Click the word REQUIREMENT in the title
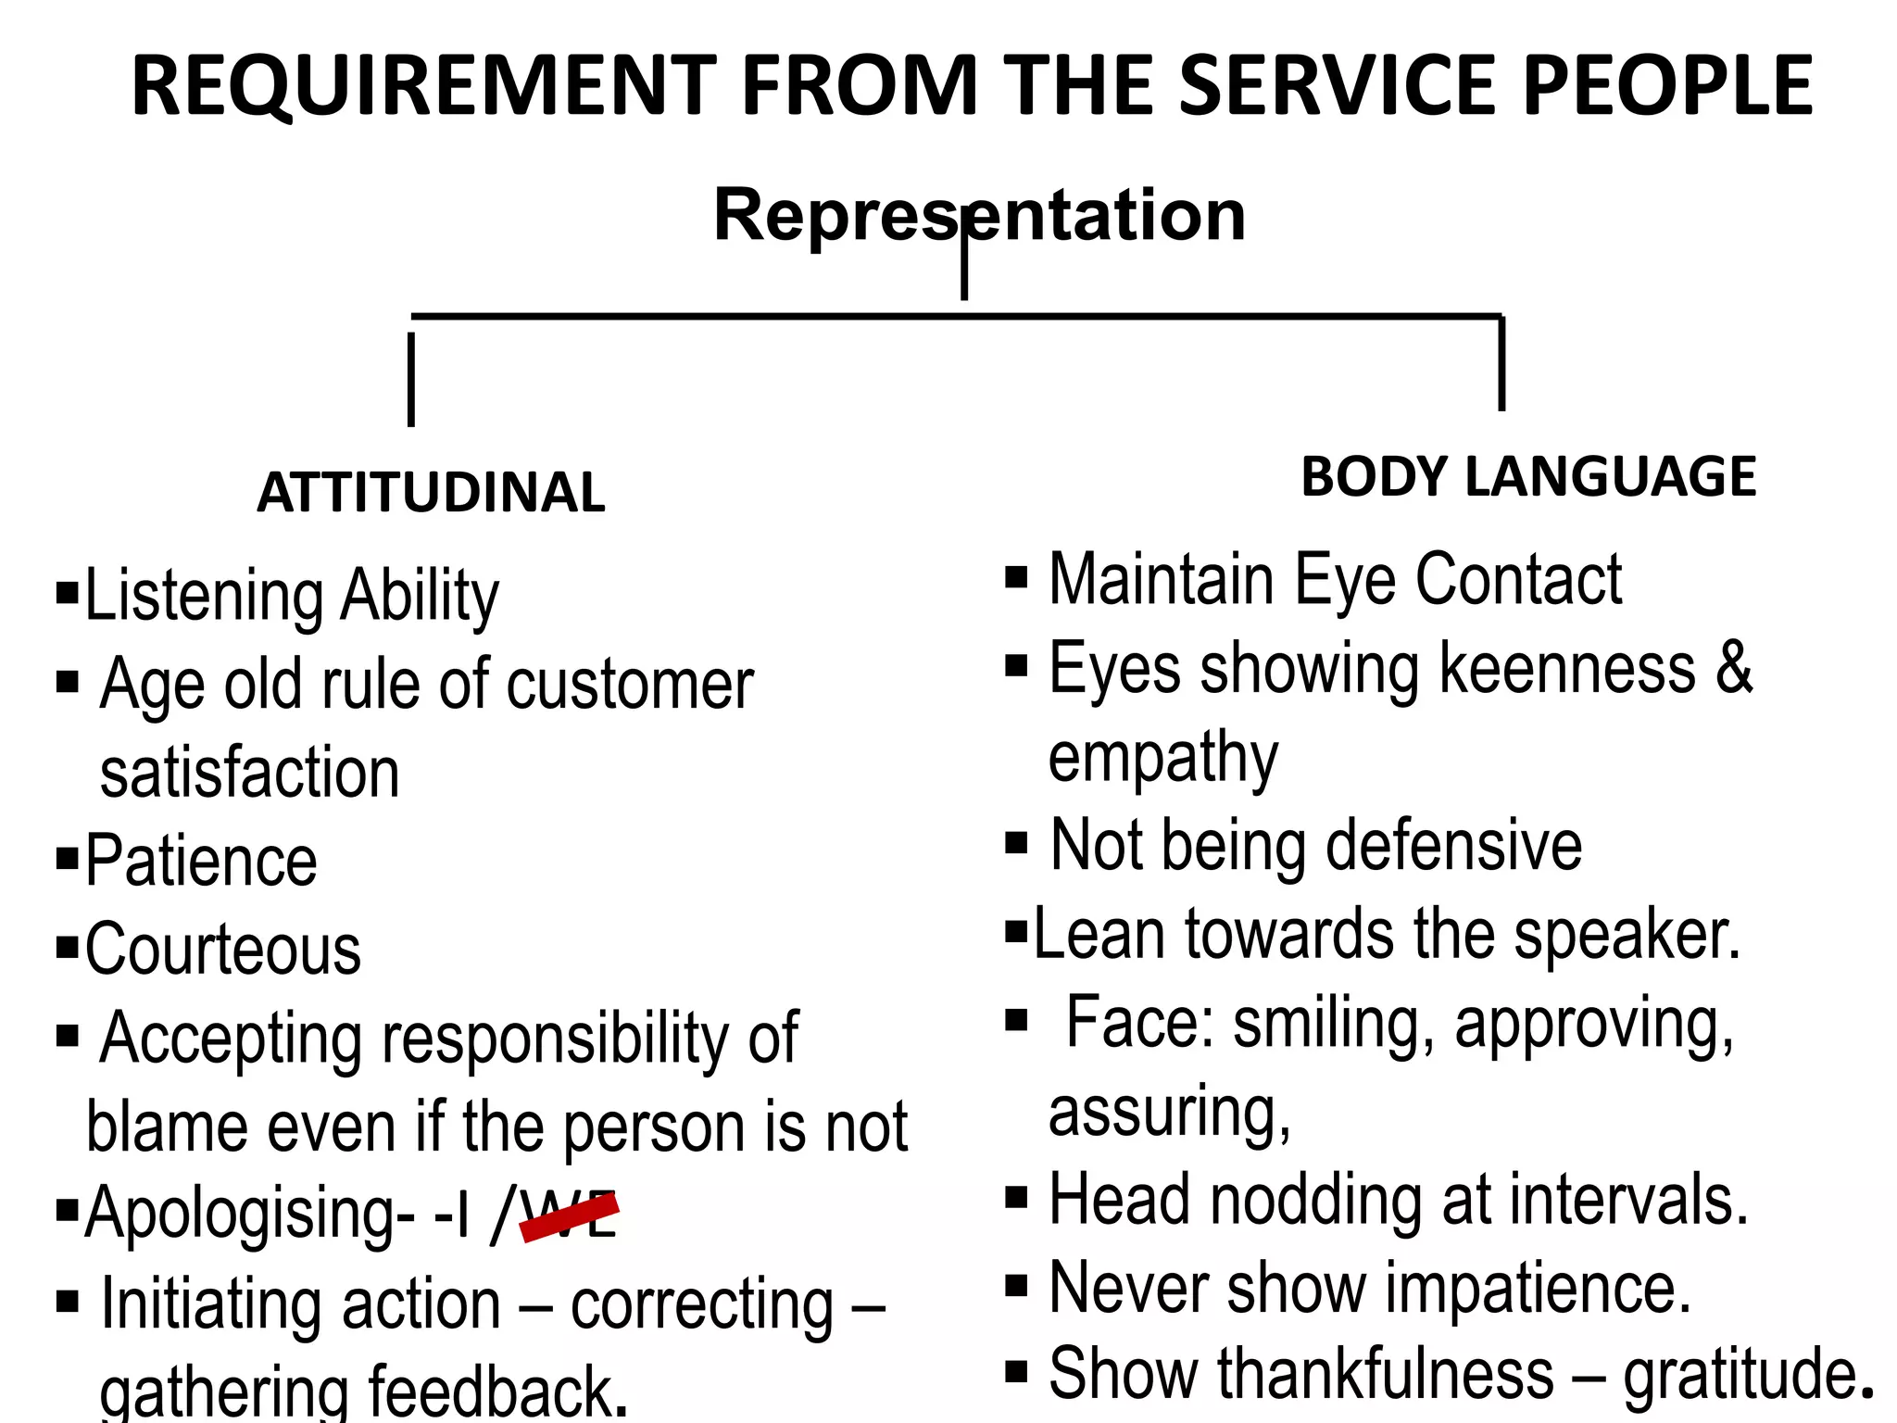click(424, 86)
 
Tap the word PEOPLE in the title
click(1667, 86)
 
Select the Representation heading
click(979, 215)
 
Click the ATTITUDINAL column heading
click(431, 492)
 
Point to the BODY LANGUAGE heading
click(1528, 477)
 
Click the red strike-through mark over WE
click(570, 1215)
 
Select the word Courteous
click(223, 950)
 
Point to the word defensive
click(1454, 845)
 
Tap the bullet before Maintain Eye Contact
click(1016, 578)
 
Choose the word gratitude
click(1741, 1374)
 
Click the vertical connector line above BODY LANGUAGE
click(1501, 363)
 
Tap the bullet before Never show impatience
click(1016, 1287)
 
